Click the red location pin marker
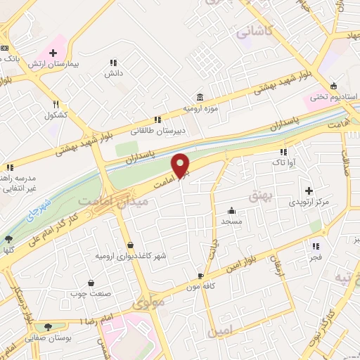click(x=181, y=165)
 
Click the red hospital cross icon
click(x=53, y=53)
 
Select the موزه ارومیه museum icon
click(x=201, y=96)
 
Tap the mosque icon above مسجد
click(x=231, y=210)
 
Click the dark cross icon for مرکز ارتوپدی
click(x=309, y=191)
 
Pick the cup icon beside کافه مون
click(x=201, y=276)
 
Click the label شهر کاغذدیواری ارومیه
click(x=131, y=256)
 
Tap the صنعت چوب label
click(x=91, y=293)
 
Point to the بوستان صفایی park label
click(x=47, y=337)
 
